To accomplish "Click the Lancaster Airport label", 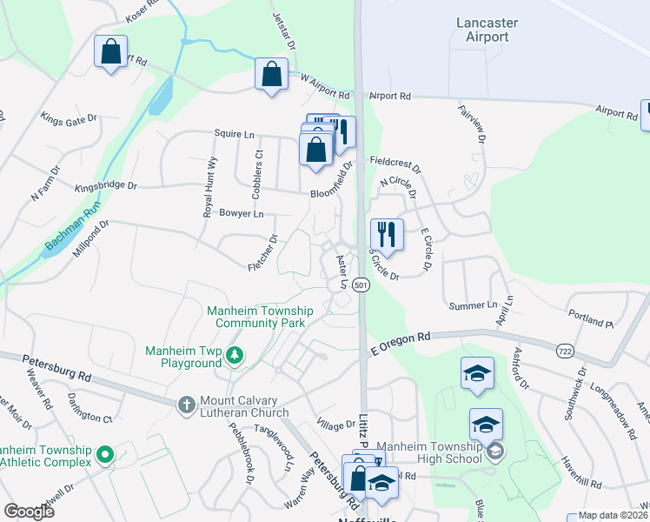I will coord(481,29).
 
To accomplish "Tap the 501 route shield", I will coord(362,284).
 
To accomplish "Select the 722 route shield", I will coord(565,351).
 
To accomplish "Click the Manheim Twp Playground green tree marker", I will coord(234,355).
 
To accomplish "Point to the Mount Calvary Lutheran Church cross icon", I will coord(186,404).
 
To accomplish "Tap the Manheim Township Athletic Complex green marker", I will coord(105,454).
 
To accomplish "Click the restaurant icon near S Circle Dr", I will coord(387,234).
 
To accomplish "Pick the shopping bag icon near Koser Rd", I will coord(111,51).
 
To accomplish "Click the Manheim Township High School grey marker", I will coord(495,451).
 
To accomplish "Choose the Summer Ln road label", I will coord(472,305).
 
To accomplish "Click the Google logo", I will coord(29,512).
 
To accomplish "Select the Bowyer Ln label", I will coord(242,213).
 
